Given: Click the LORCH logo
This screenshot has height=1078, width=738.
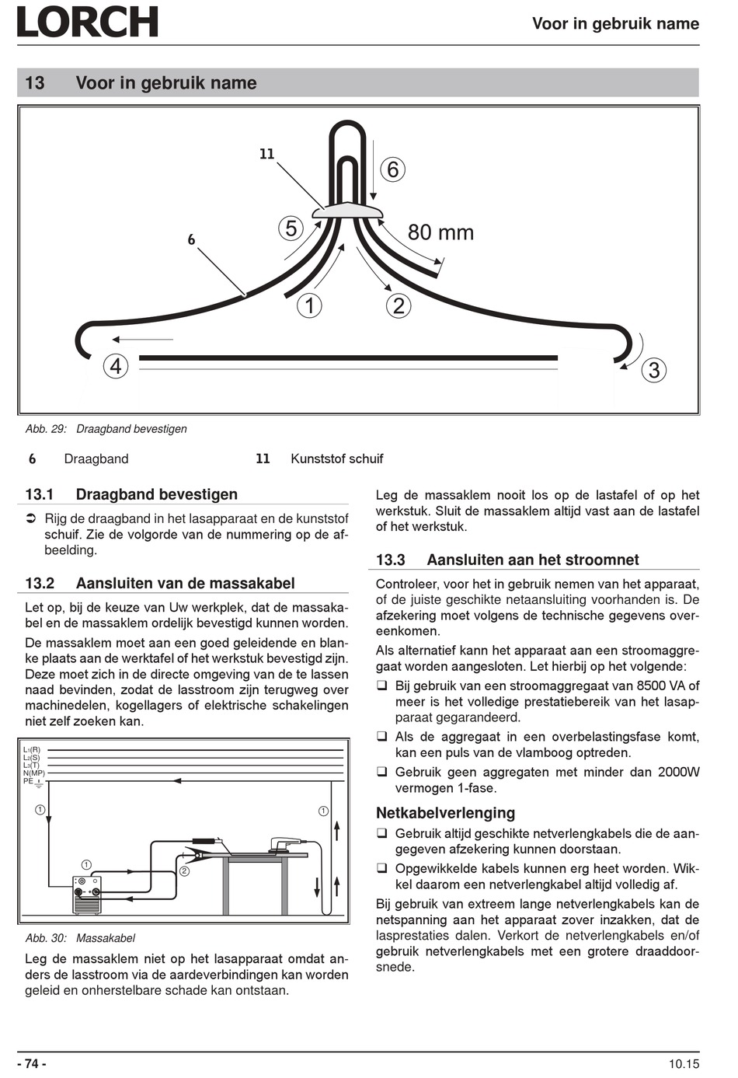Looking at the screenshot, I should click(87, 22).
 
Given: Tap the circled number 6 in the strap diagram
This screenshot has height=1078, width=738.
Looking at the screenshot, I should click(392, 169).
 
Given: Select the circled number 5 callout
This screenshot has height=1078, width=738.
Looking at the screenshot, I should click(291, 229).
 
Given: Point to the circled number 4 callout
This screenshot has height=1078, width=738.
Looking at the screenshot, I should click(116, 366).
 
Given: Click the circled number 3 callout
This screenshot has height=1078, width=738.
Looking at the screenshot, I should click(653, 370).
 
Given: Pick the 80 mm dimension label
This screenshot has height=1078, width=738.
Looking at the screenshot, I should click(440, 232).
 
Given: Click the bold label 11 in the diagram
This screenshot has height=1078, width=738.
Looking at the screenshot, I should click(267, 154).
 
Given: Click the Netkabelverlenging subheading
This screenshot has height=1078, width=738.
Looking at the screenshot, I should click(445, 813).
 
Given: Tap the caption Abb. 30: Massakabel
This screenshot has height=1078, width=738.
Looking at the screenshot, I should click(81, 938).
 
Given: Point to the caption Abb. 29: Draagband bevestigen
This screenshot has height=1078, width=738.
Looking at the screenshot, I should click(106, 429).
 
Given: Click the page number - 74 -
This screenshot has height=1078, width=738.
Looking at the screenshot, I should click(32, 1064).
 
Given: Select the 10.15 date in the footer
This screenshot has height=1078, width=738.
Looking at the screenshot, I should click(683, 1064).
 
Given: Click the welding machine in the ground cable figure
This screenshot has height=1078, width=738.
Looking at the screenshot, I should click(86, 895).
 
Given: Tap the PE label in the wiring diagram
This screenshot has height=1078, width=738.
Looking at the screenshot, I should click(29, 780).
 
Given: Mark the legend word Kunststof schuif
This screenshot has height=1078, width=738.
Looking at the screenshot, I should click(336, 459).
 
